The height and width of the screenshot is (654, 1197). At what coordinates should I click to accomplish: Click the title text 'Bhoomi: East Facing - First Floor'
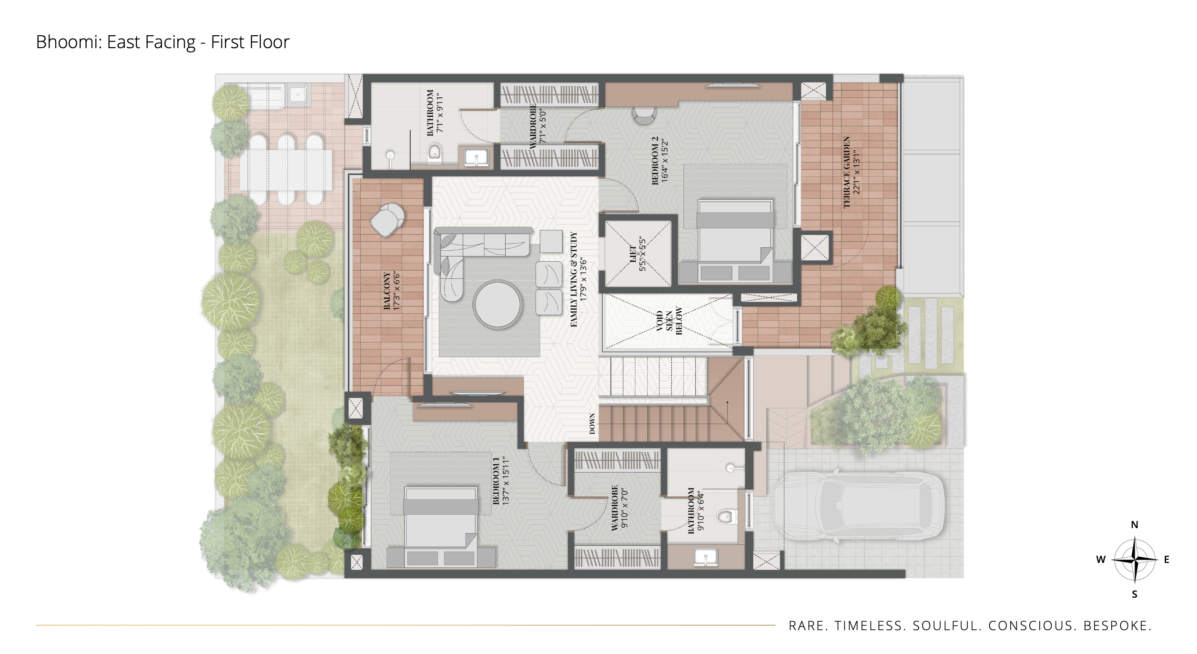coord(162,42)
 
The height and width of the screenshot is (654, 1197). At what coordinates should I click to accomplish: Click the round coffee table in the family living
coord(497,305)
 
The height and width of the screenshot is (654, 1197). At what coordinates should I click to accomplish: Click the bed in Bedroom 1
coord(441,526)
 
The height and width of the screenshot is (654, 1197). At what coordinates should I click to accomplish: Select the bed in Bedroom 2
coord(735,240)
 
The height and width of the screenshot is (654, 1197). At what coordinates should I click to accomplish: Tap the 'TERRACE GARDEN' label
coord(847,172)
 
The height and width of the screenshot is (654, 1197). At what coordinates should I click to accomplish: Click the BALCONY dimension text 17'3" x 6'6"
coord(396,291)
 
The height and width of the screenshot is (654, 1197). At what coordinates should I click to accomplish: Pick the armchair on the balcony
coord(387,220)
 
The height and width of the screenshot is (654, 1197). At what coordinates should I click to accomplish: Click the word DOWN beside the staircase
coord(592,424)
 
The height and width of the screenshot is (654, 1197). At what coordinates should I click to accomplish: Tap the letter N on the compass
coord(1135,525)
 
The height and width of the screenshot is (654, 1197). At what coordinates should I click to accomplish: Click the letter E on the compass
coord(1167,560)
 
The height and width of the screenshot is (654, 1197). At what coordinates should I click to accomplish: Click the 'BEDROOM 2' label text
coord(655,161)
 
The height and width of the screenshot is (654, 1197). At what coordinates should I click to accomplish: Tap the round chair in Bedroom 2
coord(645,115)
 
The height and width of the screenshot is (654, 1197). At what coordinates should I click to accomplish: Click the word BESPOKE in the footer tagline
coord(1117,626)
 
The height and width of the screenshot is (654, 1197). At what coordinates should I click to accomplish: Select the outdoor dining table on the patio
coord(286,170)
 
